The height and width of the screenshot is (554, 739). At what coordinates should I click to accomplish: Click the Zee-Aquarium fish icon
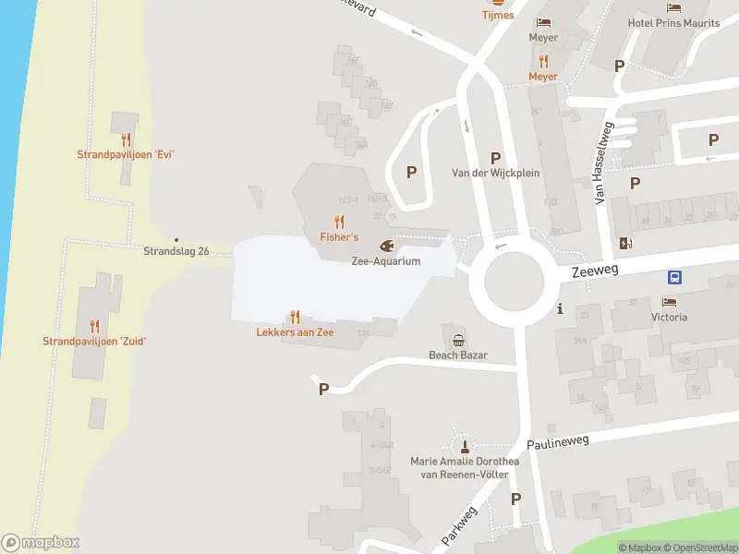point(386,247)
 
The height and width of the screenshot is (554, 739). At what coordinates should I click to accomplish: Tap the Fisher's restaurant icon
point(340,222)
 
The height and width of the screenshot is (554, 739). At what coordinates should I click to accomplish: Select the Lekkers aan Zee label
point(295,331)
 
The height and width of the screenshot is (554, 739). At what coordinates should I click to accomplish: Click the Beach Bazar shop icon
point(458,337)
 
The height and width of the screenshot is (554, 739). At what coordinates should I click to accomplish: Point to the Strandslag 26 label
point(176,251)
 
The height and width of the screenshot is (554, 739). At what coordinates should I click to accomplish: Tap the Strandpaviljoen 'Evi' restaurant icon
point(126,139)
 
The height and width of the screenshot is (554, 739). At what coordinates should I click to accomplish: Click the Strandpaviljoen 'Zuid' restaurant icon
point(94,325)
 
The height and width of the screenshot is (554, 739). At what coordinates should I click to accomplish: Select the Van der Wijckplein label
point(495,173)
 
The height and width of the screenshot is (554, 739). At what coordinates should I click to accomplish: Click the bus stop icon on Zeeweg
point(676,277)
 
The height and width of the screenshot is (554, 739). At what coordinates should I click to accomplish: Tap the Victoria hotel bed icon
point(669,302)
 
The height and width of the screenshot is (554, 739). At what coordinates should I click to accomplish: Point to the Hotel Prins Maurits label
point(673,23)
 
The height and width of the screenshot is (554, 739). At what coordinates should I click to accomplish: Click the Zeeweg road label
point(595,270)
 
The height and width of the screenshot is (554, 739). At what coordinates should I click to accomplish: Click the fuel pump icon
point(627,243)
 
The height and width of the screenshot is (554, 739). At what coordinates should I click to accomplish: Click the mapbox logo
point(41,543)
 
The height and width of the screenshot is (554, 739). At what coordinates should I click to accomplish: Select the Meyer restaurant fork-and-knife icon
point(543,61)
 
